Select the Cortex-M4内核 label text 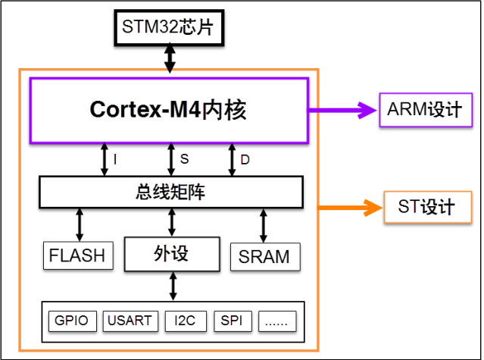pyautogui.click(x=168, y=110)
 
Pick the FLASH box pyautogui.click(x=77, y=255)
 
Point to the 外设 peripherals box pyautogui.click(x=171, y=254)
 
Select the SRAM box pyautogui.click(x=264, y=256)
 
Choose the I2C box pyautogui.click(x=184, y=321)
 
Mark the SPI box pyautogui.click(x=232, y=321)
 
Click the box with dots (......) pyautogui.click(x=276, y=321)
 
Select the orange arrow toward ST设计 pyautogui.click(x=348, y=206)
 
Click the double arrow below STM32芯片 pyautogui.click(x=172, y=58)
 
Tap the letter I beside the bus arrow pyautogui.click(x=115, y=160)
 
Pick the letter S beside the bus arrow pyautogui.click(x=184, y=159)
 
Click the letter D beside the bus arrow pyautogui.click(x=245, y=160)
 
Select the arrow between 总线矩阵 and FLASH pyautogui.click(x=78, y=225)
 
